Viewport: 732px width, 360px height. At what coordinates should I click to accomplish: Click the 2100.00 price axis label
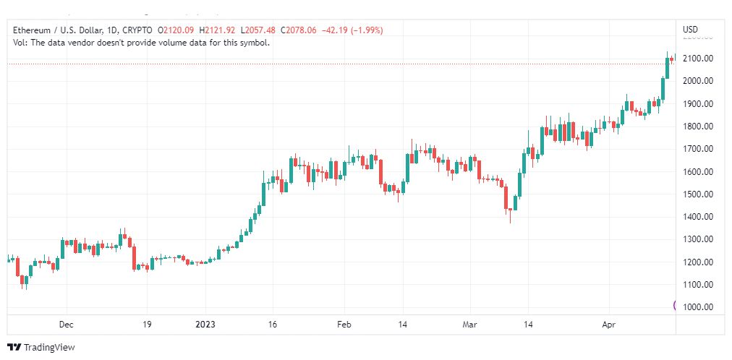(697, 59)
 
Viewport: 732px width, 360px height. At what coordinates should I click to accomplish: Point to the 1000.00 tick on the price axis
(697, 307)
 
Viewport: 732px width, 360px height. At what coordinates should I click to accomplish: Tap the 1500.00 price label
(697, 194)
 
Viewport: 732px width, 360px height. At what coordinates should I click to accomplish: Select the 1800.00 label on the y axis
(697, 127)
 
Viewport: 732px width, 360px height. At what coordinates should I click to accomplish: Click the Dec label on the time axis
(67, 325)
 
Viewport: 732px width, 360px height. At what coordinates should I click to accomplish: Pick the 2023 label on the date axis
(205, 325)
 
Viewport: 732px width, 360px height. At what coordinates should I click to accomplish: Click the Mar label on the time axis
(470, 325)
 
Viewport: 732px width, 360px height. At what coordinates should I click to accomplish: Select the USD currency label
(691, 30)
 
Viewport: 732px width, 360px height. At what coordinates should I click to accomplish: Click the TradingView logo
(41, 348)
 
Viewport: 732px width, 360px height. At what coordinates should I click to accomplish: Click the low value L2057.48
(258, 30)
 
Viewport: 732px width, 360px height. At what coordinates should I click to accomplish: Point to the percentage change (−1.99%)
(364, 30)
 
